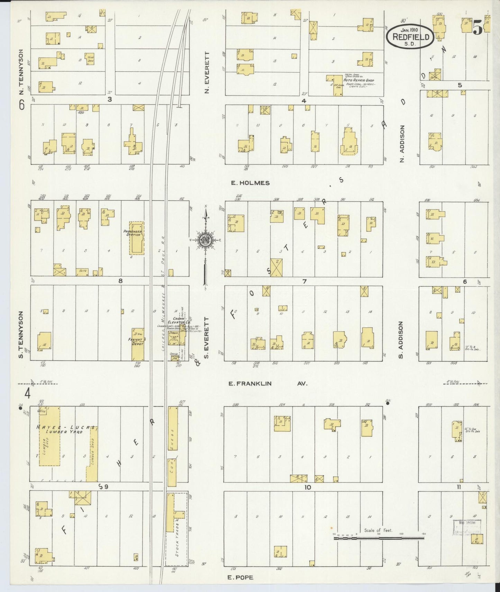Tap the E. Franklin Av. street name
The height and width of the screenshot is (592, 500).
pos(267,384)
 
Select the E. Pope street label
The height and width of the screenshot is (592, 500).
pos(240,577)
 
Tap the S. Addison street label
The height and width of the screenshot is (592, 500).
pos(401,340)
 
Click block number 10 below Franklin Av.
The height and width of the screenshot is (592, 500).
pos(308,487)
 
